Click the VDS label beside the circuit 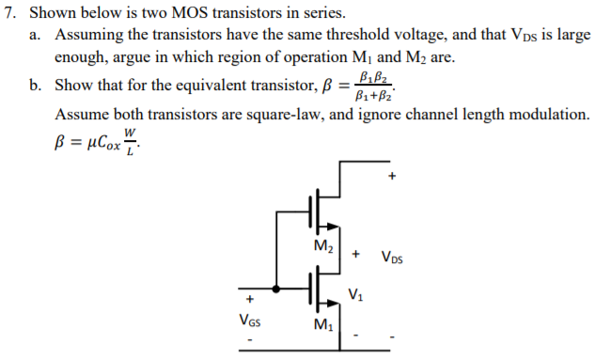point(395,256)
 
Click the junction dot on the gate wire point(275,289)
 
